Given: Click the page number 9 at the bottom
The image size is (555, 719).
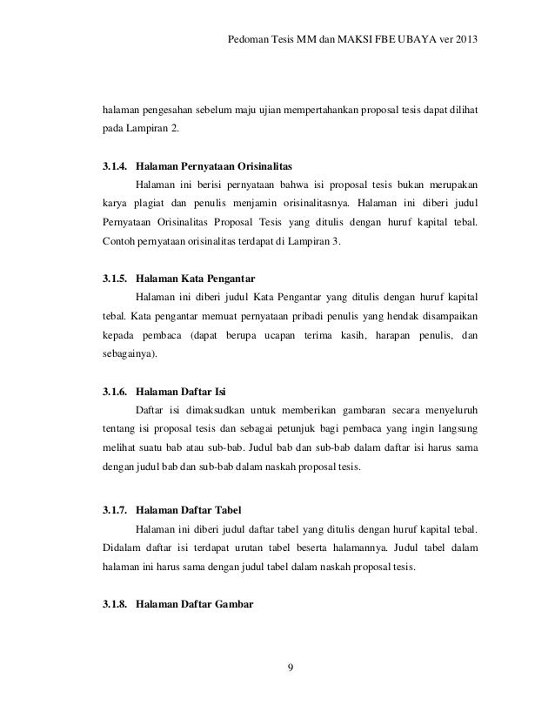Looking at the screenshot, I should (x=291, y=669).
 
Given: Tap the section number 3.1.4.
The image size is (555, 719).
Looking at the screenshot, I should (x=117, y=165).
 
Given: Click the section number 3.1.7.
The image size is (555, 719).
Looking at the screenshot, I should (x=117, y=510).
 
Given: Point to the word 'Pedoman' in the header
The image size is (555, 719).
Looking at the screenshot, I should (x=246, y=42).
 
